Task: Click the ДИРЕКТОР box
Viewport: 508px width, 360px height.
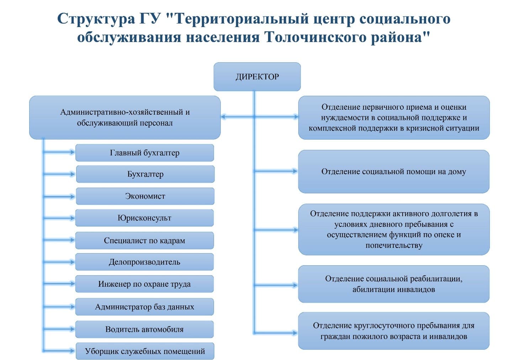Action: pyautogui.click(x=257, y=77)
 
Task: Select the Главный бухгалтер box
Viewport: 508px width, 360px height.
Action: pyautogui.click(x=144, y=153)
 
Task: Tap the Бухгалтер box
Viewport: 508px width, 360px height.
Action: pyautogui.click(x=145, y=174)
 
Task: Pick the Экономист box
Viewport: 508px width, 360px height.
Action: pyautogui.click(x=145, y=196)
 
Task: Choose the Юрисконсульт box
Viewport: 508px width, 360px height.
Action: pyautogui.click(x=144, y=218)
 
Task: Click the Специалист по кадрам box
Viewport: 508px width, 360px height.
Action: pyautogui.click(x=144, y=240)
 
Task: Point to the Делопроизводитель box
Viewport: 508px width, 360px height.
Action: pyautogui.click(x=144, y=262)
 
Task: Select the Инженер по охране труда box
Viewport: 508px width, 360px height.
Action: pyautogui.click(x=144, y=284)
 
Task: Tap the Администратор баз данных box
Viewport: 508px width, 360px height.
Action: pyautogui.click(x=144, y=307)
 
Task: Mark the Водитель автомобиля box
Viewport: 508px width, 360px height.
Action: pyautogui.click(x=144, y=329)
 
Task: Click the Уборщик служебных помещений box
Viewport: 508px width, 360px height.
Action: pyautogui.click(x=145, y=351)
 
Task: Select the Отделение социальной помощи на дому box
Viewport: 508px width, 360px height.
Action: pyautogui.click(x=393, y=172)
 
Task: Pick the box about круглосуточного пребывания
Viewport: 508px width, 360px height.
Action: pyautogui.click(x=393, y=331)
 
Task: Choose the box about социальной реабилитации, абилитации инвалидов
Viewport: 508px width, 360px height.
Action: pyautogui.click(x=393, y=284)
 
